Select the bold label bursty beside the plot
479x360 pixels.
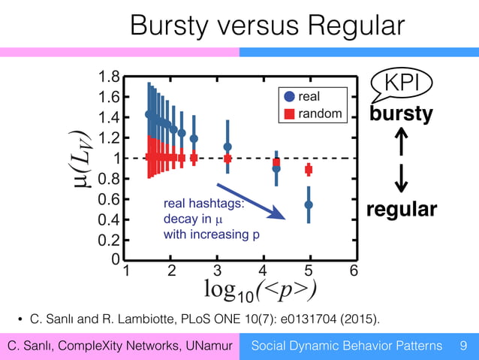(x=401, y=114)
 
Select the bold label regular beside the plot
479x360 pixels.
(x=401, y=209)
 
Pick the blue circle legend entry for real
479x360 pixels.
(x=289, y=96)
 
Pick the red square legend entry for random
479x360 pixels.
(x=289, y=113)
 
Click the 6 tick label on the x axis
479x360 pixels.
(x=354, y=270)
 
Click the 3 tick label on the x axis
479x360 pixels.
(x=218, y=270)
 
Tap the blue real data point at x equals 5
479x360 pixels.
(x=309, y=204)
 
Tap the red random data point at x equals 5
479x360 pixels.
(x=309, y=170)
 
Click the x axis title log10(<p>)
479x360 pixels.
(x=260, y=289)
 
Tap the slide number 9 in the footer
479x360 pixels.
(x=462, y=346)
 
